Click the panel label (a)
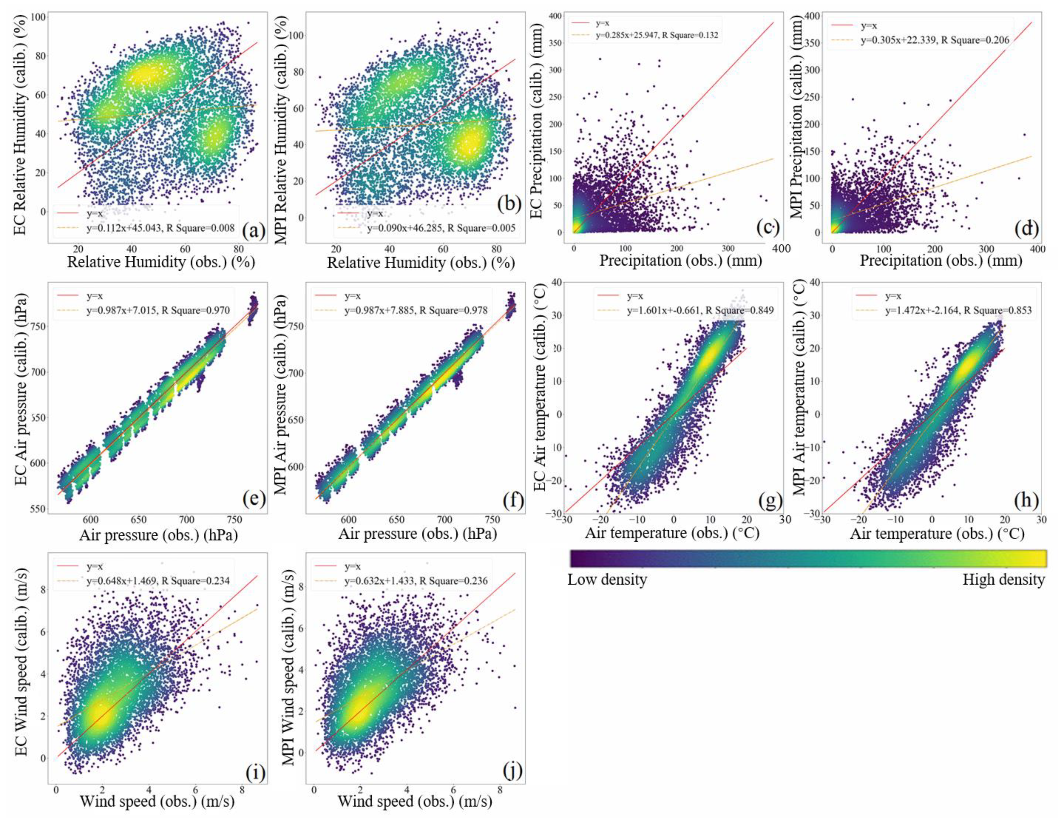[254, 231]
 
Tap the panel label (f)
[513, 499]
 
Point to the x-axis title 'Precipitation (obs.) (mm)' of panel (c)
[681, 261]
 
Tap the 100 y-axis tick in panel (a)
[39, 18]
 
